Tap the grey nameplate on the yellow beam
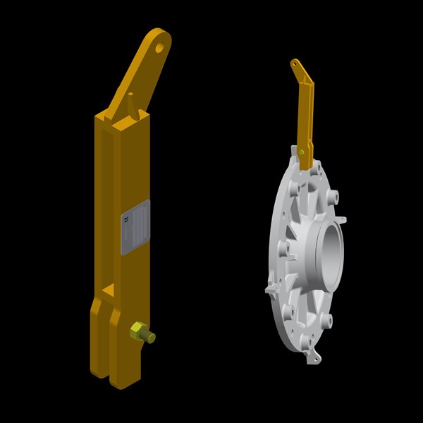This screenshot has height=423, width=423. click(x=135, y=226)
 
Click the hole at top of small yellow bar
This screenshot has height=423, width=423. click(x=295, y=66)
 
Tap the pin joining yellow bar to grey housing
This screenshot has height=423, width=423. click(x=302, y=151)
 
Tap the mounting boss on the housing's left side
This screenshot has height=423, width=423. click(x=284, y=248)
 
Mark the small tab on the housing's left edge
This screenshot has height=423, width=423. click(x=270, y=289)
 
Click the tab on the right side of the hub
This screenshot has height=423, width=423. click(x=344, y=220)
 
